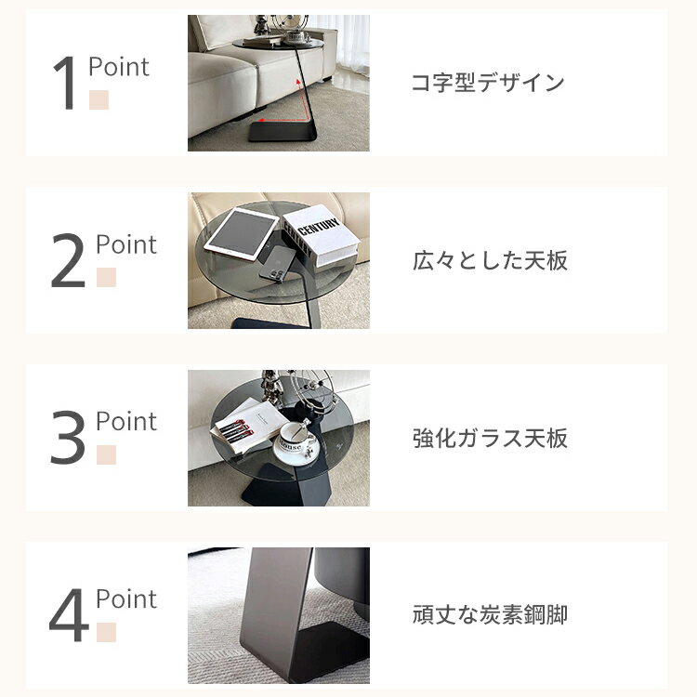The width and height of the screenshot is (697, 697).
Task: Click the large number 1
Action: pos(65,83)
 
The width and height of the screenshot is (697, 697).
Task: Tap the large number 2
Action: pos(68,260)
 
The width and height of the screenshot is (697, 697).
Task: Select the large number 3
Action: pos(68,438)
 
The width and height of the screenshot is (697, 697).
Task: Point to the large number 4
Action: pos(69,615)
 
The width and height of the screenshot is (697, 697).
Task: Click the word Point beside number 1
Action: pos(119,67)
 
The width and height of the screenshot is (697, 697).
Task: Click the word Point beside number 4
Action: pos(126,598)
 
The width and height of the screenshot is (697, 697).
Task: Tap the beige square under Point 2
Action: pos(106,277)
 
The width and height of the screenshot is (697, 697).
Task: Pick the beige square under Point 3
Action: pos(106,454)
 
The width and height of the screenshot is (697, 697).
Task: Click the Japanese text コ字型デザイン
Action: pos(488,83)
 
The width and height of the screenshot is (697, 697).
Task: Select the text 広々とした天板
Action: pos(490,260)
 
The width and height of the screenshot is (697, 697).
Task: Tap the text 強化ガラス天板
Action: pos(490,438)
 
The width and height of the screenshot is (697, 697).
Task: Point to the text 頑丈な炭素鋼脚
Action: pos(490,615)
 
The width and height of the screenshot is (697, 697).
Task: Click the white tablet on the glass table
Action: pos(242,234)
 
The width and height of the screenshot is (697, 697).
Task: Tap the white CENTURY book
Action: pos(322,236)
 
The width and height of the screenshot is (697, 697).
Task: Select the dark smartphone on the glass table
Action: pos(277,264)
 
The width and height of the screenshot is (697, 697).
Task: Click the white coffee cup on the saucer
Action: pos(296,437)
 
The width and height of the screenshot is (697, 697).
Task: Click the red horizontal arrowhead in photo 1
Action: pos(263,120)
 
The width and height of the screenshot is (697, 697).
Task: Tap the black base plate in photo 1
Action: pos(282,132)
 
